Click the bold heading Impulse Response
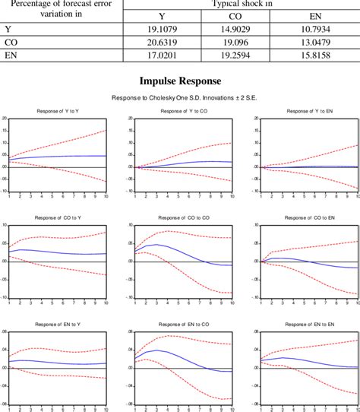pyautogui.click(x=180, y=81)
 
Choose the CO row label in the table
pyautogui.click(x=11, y=42)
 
